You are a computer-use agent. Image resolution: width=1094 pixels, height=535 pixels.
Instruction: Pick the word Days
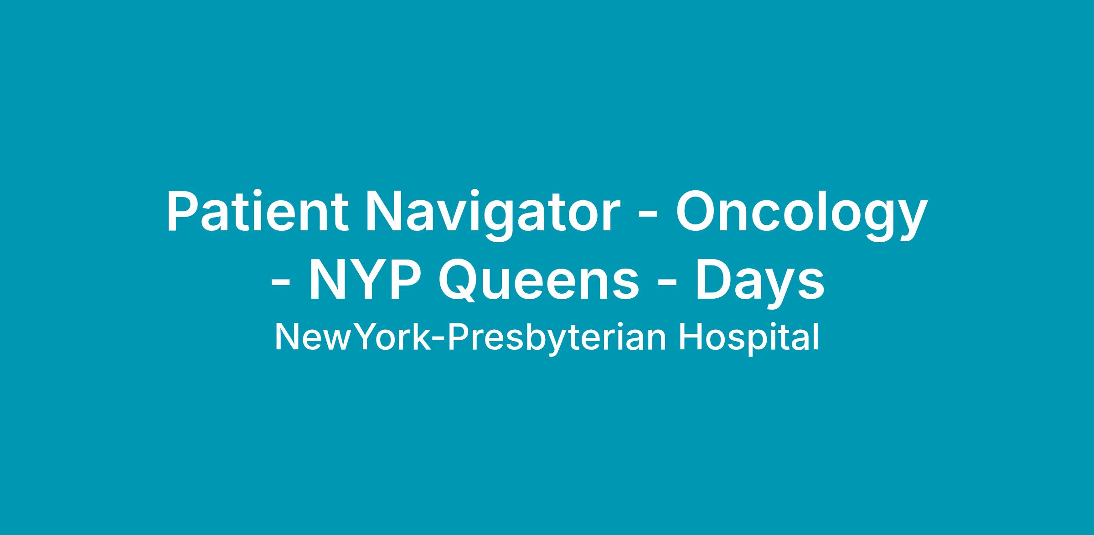pos(759,283)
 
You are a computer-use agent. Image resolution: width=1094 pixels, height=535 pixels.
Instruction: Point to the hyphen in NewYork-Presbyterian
pos(438,340)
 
